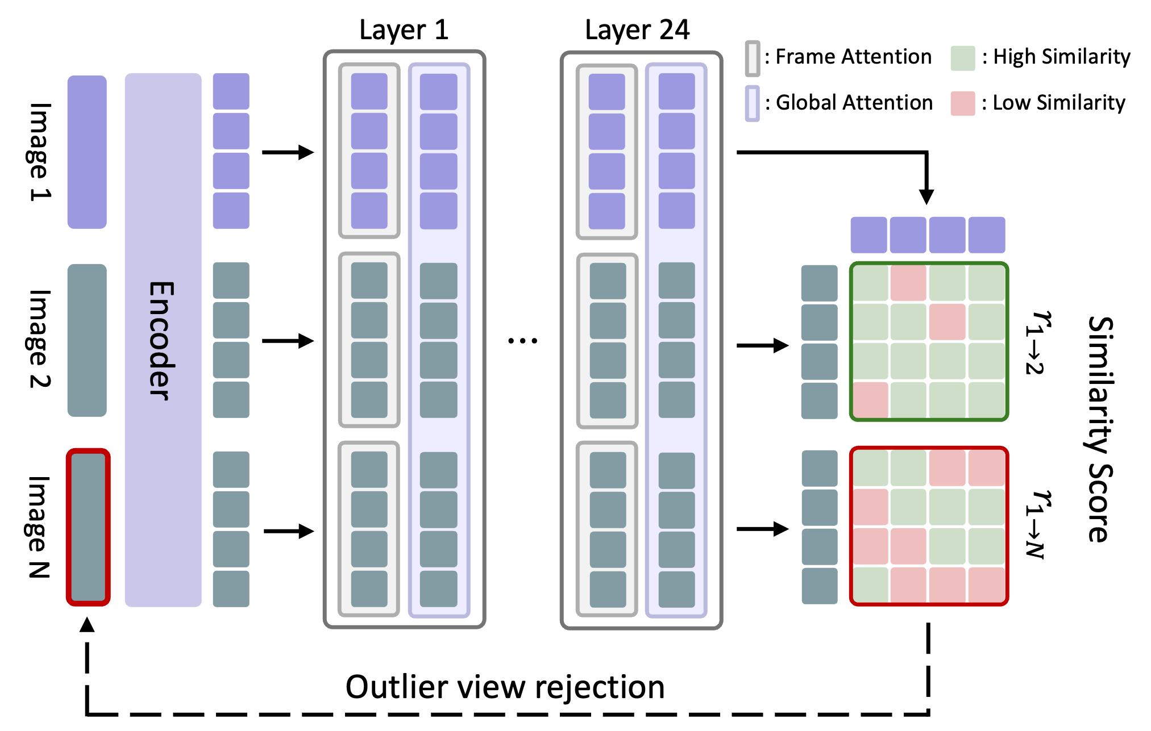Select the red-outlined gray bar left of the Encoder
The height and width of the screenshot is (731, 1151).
pos(88,527)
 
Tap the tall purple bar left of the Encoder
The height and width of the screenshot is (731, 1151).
pos(87,152)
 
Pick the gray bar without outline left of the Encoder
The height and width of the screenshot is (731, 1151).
pos(87,340)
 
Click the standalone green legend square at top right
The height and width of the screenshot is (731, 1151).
pos(963,59)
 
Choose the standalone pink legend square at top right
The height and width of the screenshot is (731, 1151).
pos(963,103)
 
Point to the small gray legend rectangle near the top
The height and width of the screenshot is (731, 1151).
pos(753,58)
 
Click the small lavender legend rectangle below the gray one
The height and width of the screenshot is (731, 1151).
pos(753,103)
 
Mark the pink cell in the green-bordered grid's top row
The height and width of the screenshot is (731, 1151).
pos(908,283)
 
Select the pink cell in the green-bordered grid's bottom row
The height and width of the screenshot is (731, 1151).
pos(870,400)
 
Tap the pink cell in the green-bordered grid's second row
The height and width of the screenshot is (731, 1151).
pos(947,321)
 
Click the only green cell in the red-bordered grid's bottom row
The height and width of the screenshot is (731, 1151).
pos(870,584)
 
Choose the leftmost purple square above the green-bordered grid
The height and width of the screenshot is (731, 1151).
pos(869,235)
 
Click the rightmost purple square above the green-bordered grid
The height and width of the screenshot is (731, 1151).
pos(987,235)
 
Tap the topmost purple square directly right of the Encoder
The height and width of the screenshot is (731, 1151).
pos(231,91)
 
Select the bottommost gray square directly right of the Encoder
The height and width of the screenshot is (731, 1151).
pos(231,588)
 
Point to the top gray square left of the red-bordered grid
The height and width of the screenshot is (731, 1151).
pos(820,468)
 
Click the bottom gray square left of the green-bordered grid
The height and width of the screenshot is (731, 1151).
pos(820,400)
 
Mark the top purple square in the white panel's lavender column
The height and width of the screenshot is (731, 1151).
pos(438,91)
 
